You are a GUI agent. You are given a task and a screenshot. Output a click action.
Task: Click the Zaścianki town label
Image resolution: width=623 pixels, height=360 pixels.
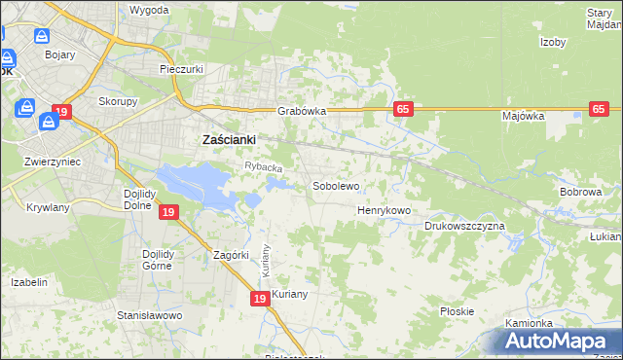pos(228,140)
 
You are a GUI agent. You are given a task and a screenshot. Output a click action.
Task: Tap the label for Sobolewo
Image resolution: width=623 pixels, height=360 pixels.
pos(336,186)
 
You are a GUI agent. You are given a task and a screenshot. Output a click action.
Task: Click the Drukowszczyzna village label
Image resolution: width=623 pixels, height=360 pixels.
pos(464,226)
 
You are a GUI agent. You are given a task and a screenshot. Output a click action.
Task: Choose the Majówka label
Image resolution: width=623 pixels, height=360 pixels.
pos(523,116)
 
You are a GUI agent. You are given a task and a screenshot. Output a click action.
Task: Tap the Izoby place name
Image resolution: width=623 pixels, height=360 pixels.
pos(553,42)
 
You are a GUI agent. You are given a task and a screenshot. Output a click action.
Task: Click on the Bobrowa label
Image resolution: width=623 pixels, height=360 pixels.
pos(581,193)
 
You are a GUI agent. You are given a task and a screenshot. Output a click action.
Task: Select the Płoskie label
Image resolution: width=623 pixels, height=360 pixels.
pos(457,311)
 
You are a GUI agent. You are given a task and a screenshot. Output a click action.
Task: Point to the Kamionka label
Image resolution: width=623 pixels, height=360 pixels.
pos(529,323)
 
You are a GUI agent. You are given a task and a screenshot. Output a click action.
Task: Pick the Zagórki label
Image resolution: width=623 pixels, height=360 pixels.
pos(233,256)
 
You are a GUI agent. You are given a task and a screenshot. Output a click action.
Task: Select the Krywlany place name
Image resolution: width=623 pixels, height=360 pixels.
pos(49,208)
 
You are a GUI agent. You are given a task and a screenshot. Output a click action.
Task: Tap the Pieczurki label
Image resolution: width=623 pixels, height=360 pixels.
pos(180,70)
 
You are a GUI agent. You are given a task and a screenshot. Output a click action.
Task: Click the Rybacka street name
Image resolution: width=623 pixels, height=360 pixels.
pos(263,167)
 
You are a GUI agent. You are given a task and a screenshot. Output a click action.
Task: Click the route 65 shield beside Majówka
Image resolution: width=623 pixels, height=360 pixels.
pos(600,109)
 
